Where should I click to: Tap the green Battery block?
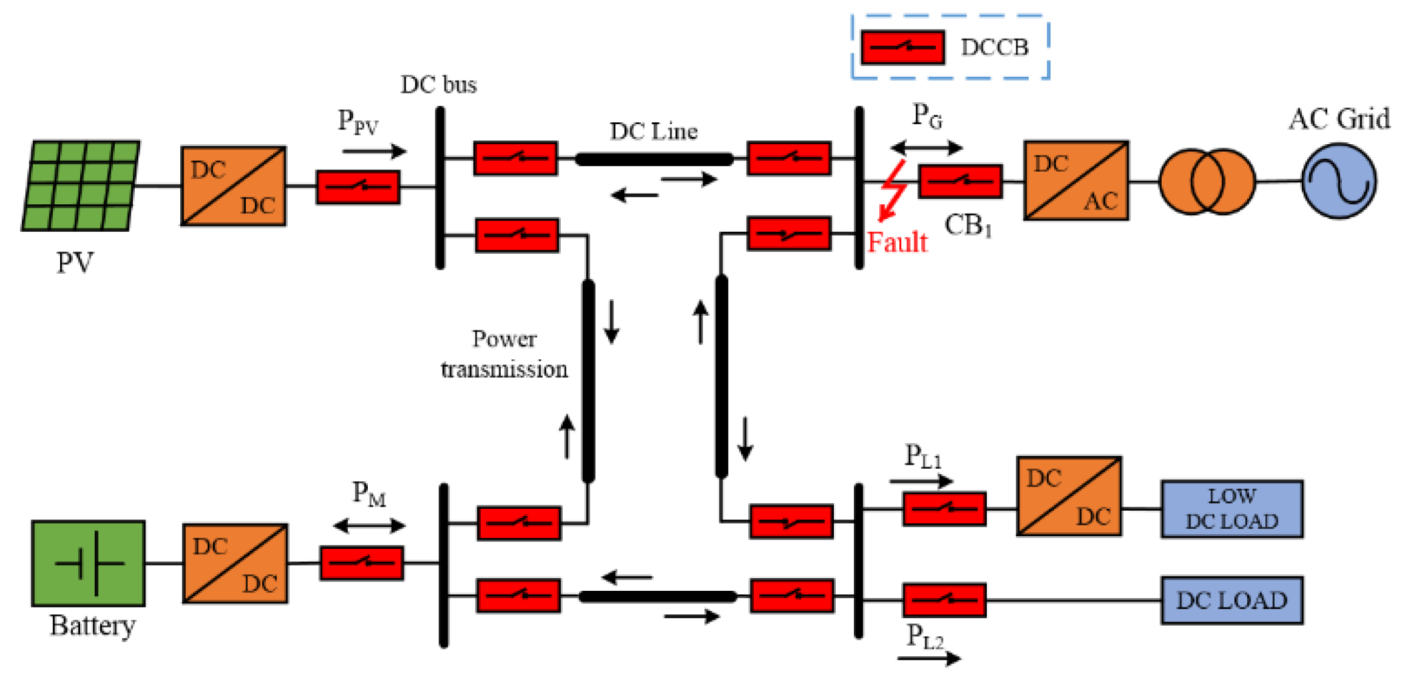tap(88, 563)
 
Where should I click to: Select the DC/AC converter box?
tap(1076, 180)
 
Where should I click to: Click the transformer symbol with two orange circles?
tap(1206, 182)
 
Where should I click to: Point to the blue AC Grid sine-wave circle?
tap(1338, 181)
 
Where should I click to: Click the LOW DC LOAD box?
tap(1231, 509)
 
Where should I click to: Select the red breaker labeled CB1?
tap(959, 181)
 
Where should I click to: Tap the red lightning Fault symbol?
tap(893, 190)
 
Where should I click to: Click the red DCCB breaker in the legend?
tap(902, 47)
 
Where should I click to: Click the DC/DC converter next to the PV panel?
tap(233, 186)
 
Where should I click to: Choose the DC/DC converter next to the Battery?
tap(235, 563)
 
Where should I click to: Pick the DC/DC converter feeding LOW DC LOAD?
tap(1068, 496)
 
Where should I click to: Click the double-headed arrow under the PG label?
tap(926, 147)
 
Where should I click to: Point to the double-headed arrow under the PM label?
tap(369, 525)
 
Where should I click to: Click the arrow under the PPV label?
tap(374, 152)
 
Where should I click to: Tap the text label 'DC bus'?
tap(439, 85)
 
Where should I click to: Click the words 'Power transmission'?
tap(504, 354)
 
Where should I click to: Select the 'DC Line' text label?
tap(653, 131)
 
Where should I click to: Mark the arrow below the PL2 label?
tap(929, 658)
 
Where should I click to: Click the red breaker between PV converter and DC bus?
tap(358, 187)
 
